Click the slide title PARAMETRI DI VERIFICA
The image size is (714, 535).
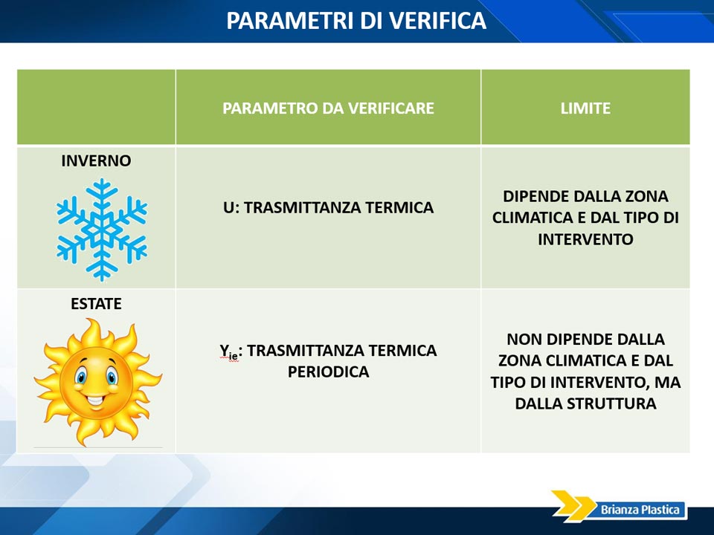pyautogui.click(x=356, y=21)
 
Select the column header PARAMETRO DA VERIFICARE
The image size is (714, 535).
pyautogui.click(x=328, y=108)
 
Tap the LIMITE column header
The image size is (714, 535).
pyautogui.click(x=585, y=108)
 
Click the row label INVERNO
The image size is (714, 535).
pyautogui.click(x=96, y=160)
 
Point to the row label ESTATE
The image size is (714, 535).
pyautogui.click(x=96, y=303)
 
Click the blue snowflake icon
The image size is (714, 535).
pyautogui.click(x=102, y=230)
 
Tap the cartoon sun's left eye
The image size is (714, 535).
pyautogui.click(x=82, y=377)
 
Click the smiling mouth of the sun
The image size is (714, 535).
pyautogui.click(x=96, y=401)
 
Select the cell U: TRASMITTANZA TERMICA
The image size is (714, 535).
pyautogui.click(x=328, y=207)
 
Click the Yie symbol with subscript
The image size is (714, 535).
pyautogui.click(x=229, y=351)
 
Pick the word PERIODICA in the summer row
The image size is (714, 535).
pyautogui.click(x=328, y=372)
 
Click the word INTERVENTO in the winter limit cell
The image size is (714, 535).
pyautogui.click(x=585, y=239)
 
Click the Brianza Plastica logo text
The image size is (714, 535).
pyautogui.click(x=640, y=510)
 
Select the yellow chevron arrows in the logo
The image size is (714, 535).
pyautogui.click(x=573, y=506)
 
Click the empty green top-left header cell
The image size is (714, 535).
pyautogui.click(x=96, y=107)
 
